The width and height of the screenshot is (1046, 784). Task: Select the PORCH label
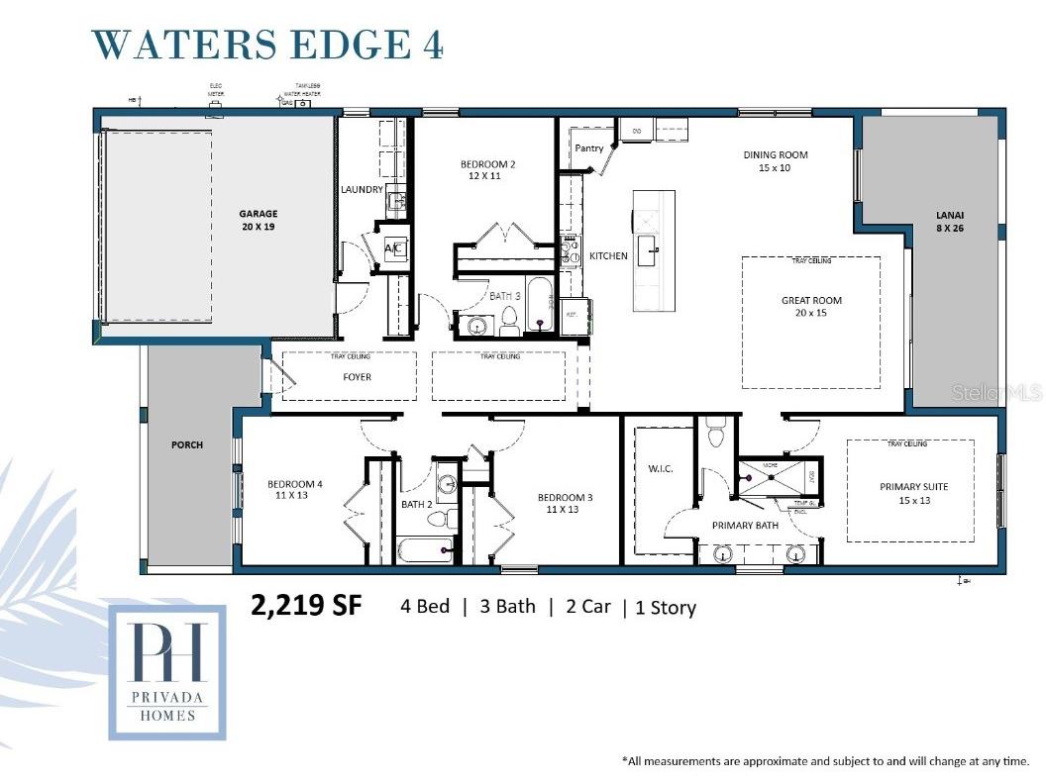coord(186,445)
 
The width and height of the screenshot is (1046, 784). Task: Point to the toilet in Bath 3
coord(510,319)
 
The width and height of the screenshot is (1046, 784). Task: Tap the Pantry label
coord(589,148)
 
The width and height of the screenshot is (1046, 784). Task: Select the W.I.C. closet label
coord(661,468)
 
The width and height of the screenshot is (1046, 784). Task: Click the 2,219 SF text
coord(307,606)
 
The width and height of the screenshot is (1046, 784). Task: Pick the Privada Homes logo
coord(166,672)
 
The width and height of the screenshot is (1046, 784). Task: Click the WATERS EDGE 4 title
coord(267,46)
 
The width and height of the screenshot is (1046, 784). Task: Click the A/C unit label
coord(392,247)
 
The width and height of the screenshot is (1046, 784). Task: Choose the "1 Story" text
coord(665,608)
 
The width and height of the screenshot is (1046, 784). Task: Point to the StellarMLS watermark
coord(996,393)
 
